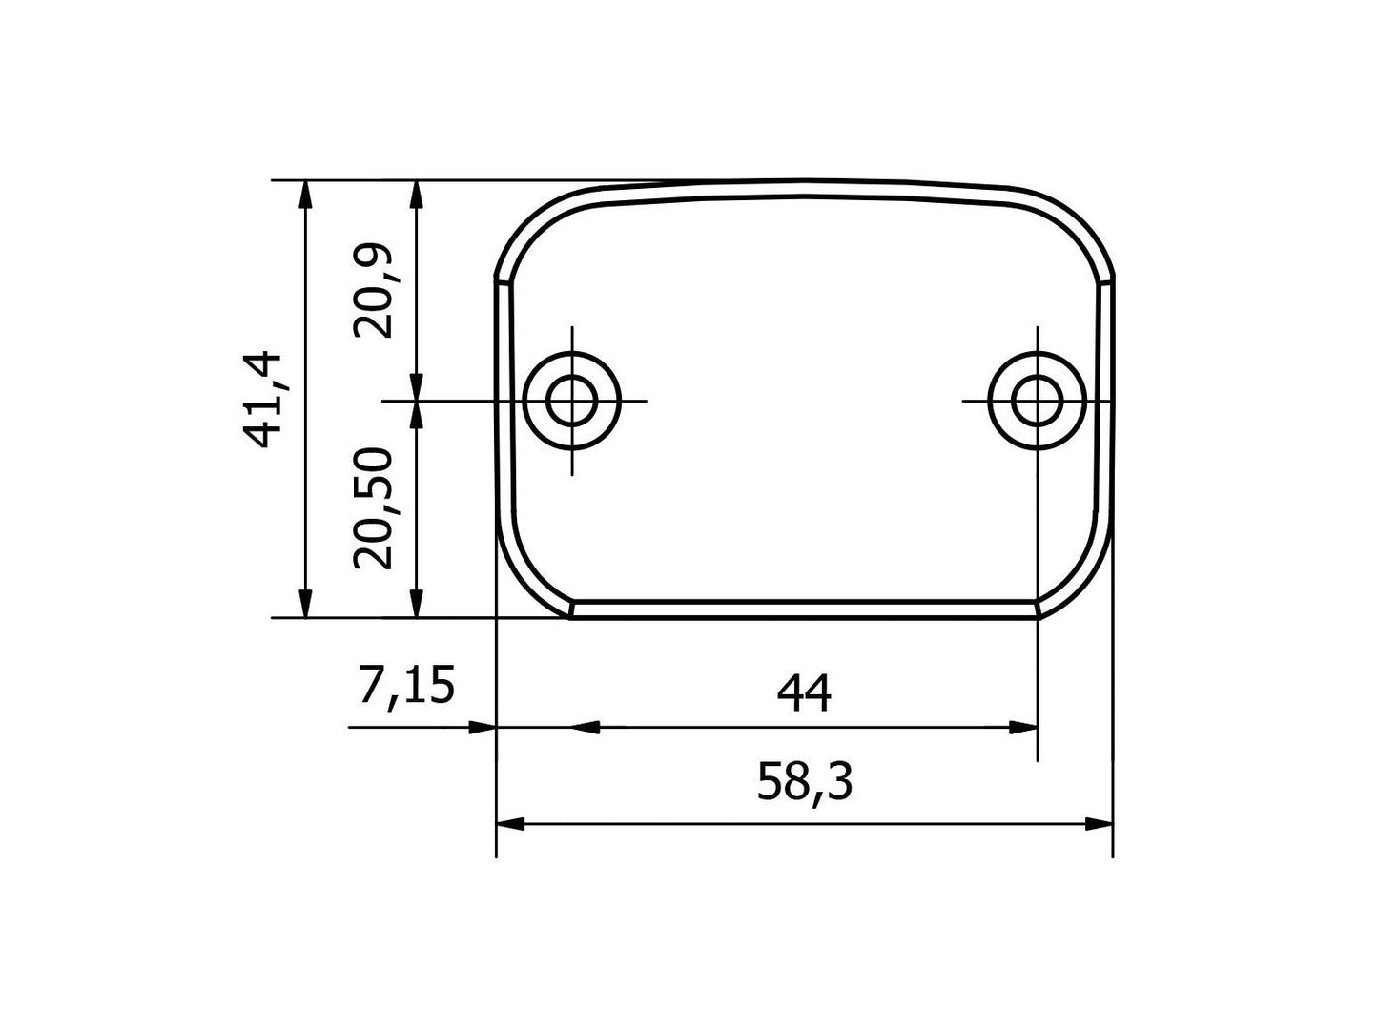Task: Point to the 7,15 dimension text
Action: (x=406, y=687)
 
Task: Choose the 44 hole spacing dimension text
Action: (x=804, y=693)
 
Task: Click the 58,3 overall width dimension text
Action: (x=804, y=783)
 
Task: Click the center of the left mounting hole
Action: (x=573, y=401)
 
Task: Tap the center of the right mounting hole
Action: (x=1038, y=401)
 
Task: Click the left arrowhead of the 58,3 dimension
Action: (x=512, y=824)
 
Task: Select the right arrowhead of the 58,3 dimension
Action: (x=1099, y=824)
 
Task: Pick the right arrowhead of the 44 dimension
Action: (x=1023, y=728)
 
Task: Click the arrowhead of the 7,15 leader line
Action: (x=483, y=728)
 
